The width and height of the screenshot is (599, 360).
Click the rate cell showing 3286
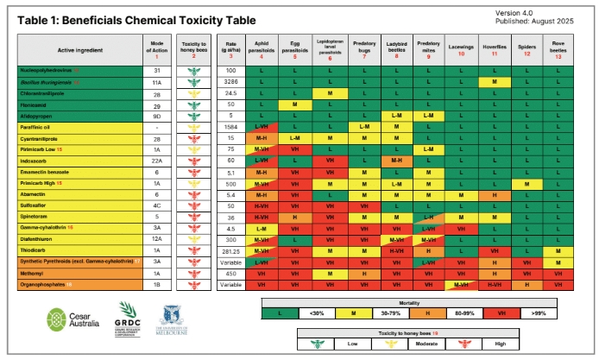click(230, 81)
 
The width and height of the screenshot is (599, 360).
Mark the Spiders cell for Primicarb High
click(526, 183)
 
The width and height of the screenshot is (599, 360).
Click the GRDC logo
click(128, 317)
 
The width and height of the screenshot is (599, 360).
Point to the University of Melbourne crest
click(171, 317)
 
